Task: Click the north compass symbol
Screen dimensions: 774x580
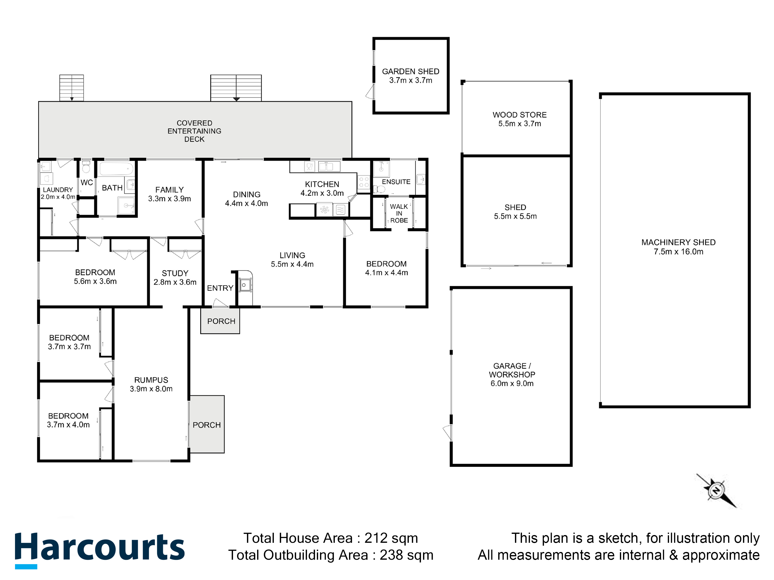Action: pos(716,491)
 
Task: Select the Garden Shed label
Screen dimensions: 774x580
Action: pos(410,71)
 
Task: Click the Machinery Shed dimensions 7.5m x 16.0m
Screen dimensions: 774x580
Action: pos(678,252)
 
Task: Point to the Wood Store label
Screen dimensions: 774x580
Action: pos(520,115)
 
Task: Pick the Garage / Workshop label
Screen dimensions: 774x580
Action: pos(512,370)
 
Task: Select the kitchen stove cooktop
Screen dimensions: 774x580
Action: pos(364,182)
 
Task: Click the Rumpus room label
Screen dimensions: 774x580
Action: pos(151,380)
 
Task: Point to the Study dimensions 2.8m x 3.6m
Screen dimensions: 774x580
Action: pos(175,282)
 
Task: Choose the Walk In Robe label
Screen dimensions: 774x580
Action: pos(399,213)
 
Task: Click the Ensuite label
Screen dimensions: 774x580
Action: pos(396,182)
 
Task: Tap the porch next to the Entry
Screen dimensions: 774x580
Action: pos(220,321)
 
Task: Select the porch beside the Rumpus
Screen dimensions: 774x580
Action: pos(207,424)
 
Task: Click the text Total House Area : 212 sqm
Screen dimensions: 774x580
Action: pos(331,538)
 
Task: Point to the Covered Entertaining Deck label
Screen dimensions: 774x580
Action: pos(194,131)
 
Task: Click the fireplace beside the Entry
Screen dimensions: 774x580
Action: pos(245,285)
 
